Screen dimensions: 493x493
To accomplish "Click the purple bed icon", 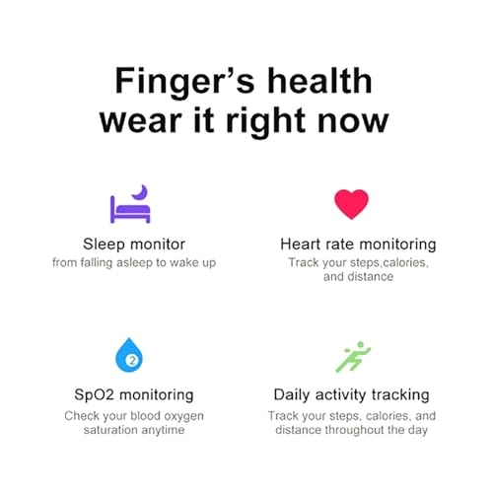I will pos(128,207).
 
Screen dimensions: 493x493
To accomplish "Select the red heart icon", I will pos(351,203).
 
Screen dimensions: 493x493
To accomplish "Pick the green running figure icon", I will pos(352,357).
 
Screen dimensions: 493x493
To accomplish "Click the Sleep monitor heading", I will pos(134,244).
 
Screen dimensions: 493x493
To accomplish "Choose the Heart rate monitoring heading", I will pos(358,244).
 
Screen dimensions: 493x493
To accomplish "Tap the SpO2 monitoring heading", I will pos(135,394).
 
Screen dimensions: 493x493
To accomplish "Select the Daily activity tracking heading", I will pos(351,394).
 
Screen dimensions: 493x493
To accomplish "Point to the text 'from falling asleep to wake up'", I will pos(134,262).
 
